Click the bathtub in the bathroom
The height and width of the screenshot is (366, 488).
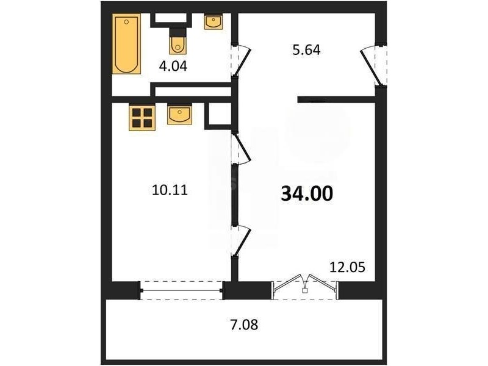pos(126,44)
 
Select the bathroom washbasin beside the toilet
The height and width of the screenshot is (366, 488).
pos(213,21)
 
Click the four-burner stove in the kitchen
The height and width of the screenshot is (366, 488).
pos(142,117)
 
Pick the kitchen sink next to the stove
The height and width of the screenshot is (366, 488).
pos(179,114)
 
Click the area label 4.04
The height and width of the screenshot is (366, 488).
pos(173,66)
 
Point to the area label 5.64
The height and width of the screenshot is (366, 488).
pos(306,50)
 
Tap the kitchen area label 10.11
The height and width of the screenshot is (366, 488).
pos(170,190)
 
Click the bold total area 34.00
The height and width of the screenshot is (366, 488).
pos(307,193)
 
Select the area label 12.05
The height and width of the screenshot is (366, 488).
pos(347,267)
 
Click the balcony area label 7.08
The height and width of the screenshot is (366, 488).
pos(245,325)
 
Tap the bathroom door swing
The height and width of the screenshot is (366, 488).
pos(242,60)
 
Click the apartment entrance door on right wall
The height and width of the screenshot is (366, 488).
pos(372,65)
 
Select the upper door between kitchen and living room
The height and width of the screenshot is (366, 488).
pos(242,149)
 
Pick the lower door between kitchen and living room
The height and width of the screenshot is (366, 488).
pos(242,241)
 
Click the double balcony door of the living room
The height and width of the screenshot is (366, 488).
pos(305,285)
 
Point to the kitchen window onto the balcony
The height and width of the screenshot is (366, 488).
pos(182,291)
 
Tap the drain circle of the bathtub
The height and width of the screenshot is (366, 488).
pos(126,22)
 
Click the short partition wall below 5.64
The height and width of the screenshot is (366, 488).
pos(337,99)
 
